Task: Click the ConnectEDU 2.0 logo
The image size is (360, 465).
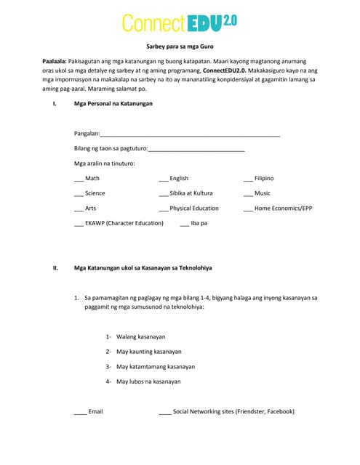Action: (179, 23)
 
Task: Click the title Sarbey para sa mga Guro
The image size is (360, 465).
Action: (179, 45)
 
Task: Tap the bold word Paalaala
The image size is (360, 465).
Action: (57, 62)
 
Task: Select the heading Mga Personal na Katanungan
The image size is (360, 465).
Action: (113, 104)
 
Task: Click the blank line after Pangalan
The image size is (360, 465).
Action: (190, 135)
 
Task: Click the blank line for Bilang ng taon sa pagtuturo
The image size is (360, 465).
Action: (196, 150)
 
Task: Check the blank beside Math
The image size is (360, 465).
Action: (79, 179)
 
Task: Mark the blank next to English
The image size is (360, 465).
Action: (163, 179)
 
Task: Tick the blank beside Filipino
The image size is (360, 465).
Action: (248, 179)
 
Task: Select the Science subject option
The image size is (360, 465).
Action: (95, 193)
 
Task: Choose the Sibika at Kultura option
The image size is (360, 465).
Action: (191, 193)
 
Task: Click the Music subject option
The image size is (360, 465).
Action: (262, 193)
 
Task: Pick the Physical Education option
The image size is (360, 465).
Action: (193, 209)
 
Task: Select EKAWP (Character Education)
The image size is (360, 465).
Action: (124, 223)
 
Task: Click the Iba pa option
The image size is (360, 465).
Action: (199, 223)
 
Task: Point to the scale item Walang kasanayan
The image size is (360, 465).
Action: (140, 337)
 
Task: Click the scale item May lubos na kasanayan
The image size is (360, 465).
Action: (148, 381)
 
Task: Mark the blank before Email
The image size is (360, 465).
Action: (80, 412)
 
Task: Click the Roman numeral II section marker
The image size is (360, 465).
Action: (55, 268)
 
